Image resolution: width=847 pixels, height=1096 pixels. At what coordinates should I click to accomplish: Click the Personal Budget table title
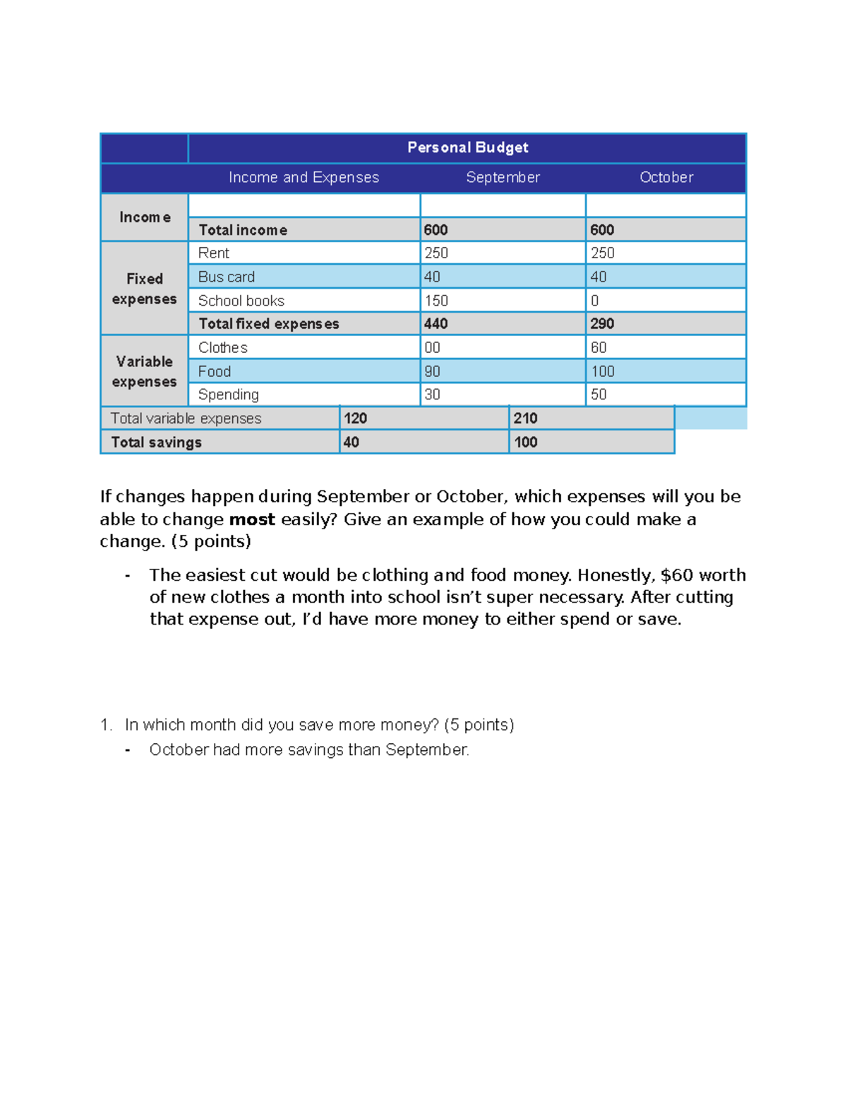click(467, 147)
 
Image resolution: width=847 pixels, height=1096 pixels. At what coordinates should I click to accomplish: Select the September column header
click(503, 177)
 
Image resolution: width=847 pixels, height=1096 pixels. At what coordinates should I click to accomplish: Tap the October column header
click(666, 177)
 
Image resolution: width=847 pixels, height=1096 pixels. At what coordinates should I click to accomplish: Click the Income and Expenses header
click(304, 177)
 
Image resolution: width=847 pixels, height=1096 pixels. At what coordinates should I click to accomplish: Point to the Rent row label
click(214, 253)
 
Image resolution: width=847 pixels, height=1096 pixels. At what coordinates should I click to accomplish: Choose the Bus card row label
click(226, 277)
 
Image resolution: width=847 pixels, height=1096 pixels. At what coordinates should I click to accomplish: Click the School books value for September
click(436, 301)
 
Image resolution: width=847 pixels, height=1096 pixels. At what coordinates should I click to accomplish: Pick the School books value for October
click(595, 301)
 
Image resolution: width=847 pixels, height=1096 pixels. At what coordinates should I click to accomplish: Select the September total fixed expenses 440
click(436, 324)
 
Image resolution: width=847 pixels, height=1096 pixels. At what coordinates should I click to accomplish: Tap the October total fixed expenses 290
click(602, 324)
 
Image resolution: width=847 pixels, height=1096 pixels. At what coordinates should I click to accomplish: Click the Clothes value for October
click(599, 347)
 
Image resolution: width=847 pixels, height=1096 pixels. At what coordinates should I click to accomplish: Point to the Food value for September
click(432, 371)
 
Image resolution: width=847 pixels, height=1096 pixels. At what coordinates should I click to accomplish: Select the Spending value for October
click(599, 395)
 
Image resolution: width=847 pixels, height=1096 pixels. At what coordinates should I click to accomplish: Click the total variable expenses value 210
click(525, 418)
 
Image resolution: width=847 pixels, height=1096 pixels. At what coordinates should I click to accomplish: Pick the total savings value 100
click(525, 442)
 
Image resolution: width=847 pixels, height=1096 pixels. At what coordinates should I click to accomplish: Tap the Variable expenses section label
click(144, 371)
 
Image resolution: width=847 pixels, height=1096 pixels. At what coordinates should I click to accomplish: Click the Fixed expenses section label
click(144, 289)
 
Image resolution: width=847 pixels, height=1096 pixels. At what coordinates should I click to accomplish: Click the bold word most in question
click(252, 519)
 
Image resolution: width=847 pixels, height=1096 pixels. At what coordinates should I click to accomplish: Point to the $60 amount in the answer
click(676, 575)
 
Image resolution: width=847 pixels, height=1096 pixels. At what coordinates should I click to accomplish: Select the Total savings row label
click(156, 442)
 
